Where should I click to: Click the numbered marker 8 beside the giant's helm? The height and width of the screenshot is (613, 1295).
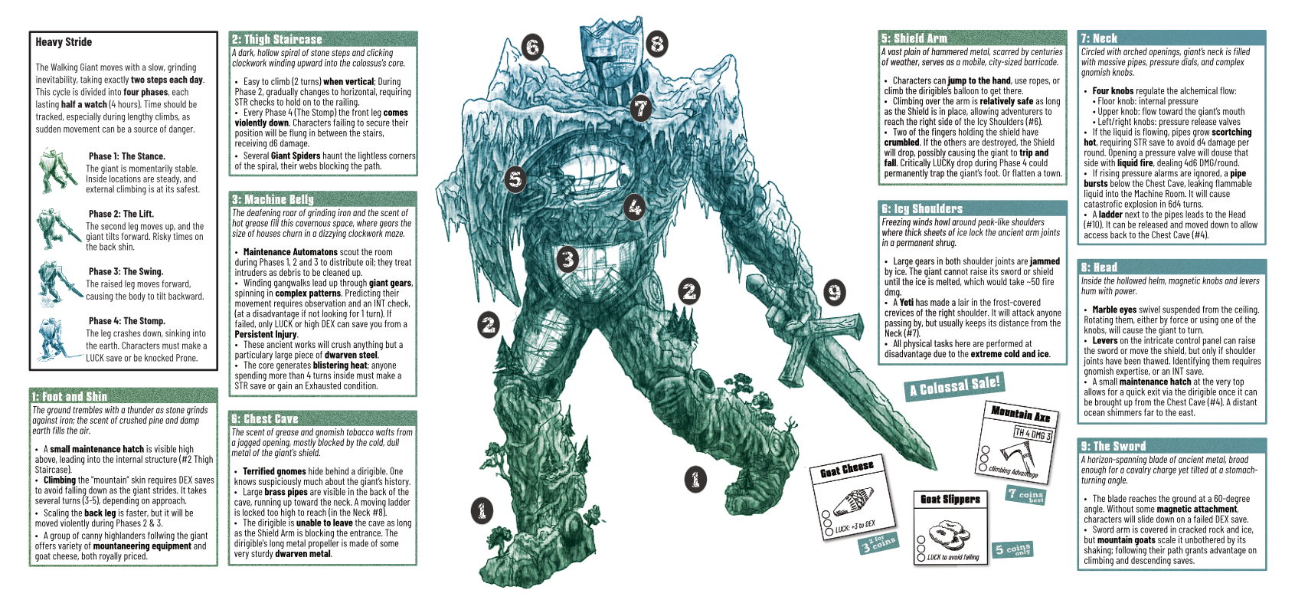coord(657,44)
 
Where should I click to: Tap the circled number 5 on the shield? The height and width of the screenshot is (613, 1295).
coord(515,179)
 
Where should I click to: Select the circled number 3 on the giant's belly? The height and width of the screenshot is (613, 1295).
coord(567,259)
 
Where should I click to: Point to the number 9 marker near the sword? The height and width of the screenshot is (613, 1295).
coord(834,292)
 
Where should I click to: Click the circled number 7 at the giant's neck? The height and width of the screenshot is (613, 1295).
coord(640,108)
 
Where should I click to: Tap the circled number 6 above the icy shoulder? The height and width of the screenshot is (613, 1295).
coord(532,47)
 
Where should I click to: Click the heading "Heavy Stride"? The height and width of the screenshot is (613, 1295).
coord(64,42)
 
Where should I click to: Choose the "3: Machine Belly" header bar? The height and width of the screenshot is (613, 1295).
coord(323,199)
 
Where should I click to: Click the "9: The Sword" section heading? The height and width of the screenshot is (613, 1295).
coord(1172,446)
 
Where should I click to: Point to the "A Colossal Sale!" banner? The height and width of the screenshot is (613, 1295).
coord(954,385)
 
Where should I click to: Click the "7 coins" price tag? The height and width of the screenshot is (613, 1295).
coord(1025,495)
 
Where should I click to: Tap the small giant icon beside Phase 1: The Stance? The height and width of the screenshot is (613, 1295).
coord(57,171)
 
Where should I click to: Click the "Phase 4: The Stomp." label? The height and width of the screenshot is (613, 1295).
coord(127,321)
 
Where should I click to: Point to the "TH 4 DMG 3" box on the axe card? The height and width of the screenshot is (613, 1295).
coord(1033,434)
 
